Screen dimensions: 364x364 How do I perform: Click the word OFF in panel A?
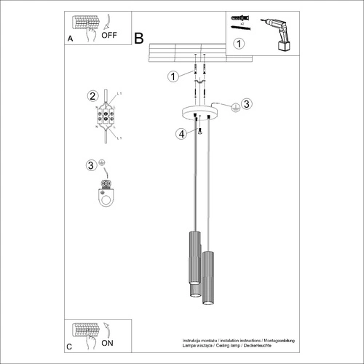[110, 33]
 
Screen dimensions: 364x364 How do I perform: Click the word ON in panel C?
[107, 341]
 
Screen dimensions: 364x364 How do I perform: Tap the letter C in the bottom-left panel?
[69, 347]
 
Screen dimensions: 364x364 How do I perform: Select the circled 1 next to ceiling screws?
[173, 76]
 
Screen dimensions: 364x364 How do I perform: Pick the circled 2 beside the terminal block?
[92, 96]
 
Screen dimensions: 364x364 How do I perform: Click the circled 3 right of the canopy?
[247, 103]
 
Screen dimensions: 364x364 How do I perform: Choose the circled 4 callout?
[179, 133]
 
